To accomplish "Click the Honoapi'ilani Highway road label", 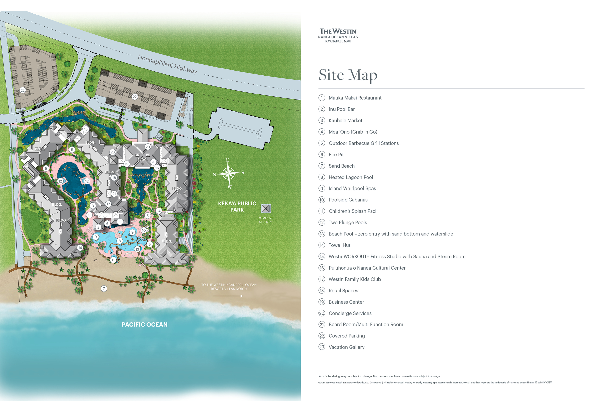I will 167,64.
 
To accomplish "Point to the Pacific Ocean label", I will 145,325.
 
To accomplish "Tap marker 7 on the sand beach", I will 104,288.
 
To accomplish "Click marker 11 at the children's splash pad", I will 113,260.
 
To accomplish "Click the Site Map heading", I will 348,75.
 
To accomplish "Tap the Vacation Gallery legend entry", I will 346,347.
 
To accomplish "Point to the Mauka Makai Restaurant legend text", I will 355,98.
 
